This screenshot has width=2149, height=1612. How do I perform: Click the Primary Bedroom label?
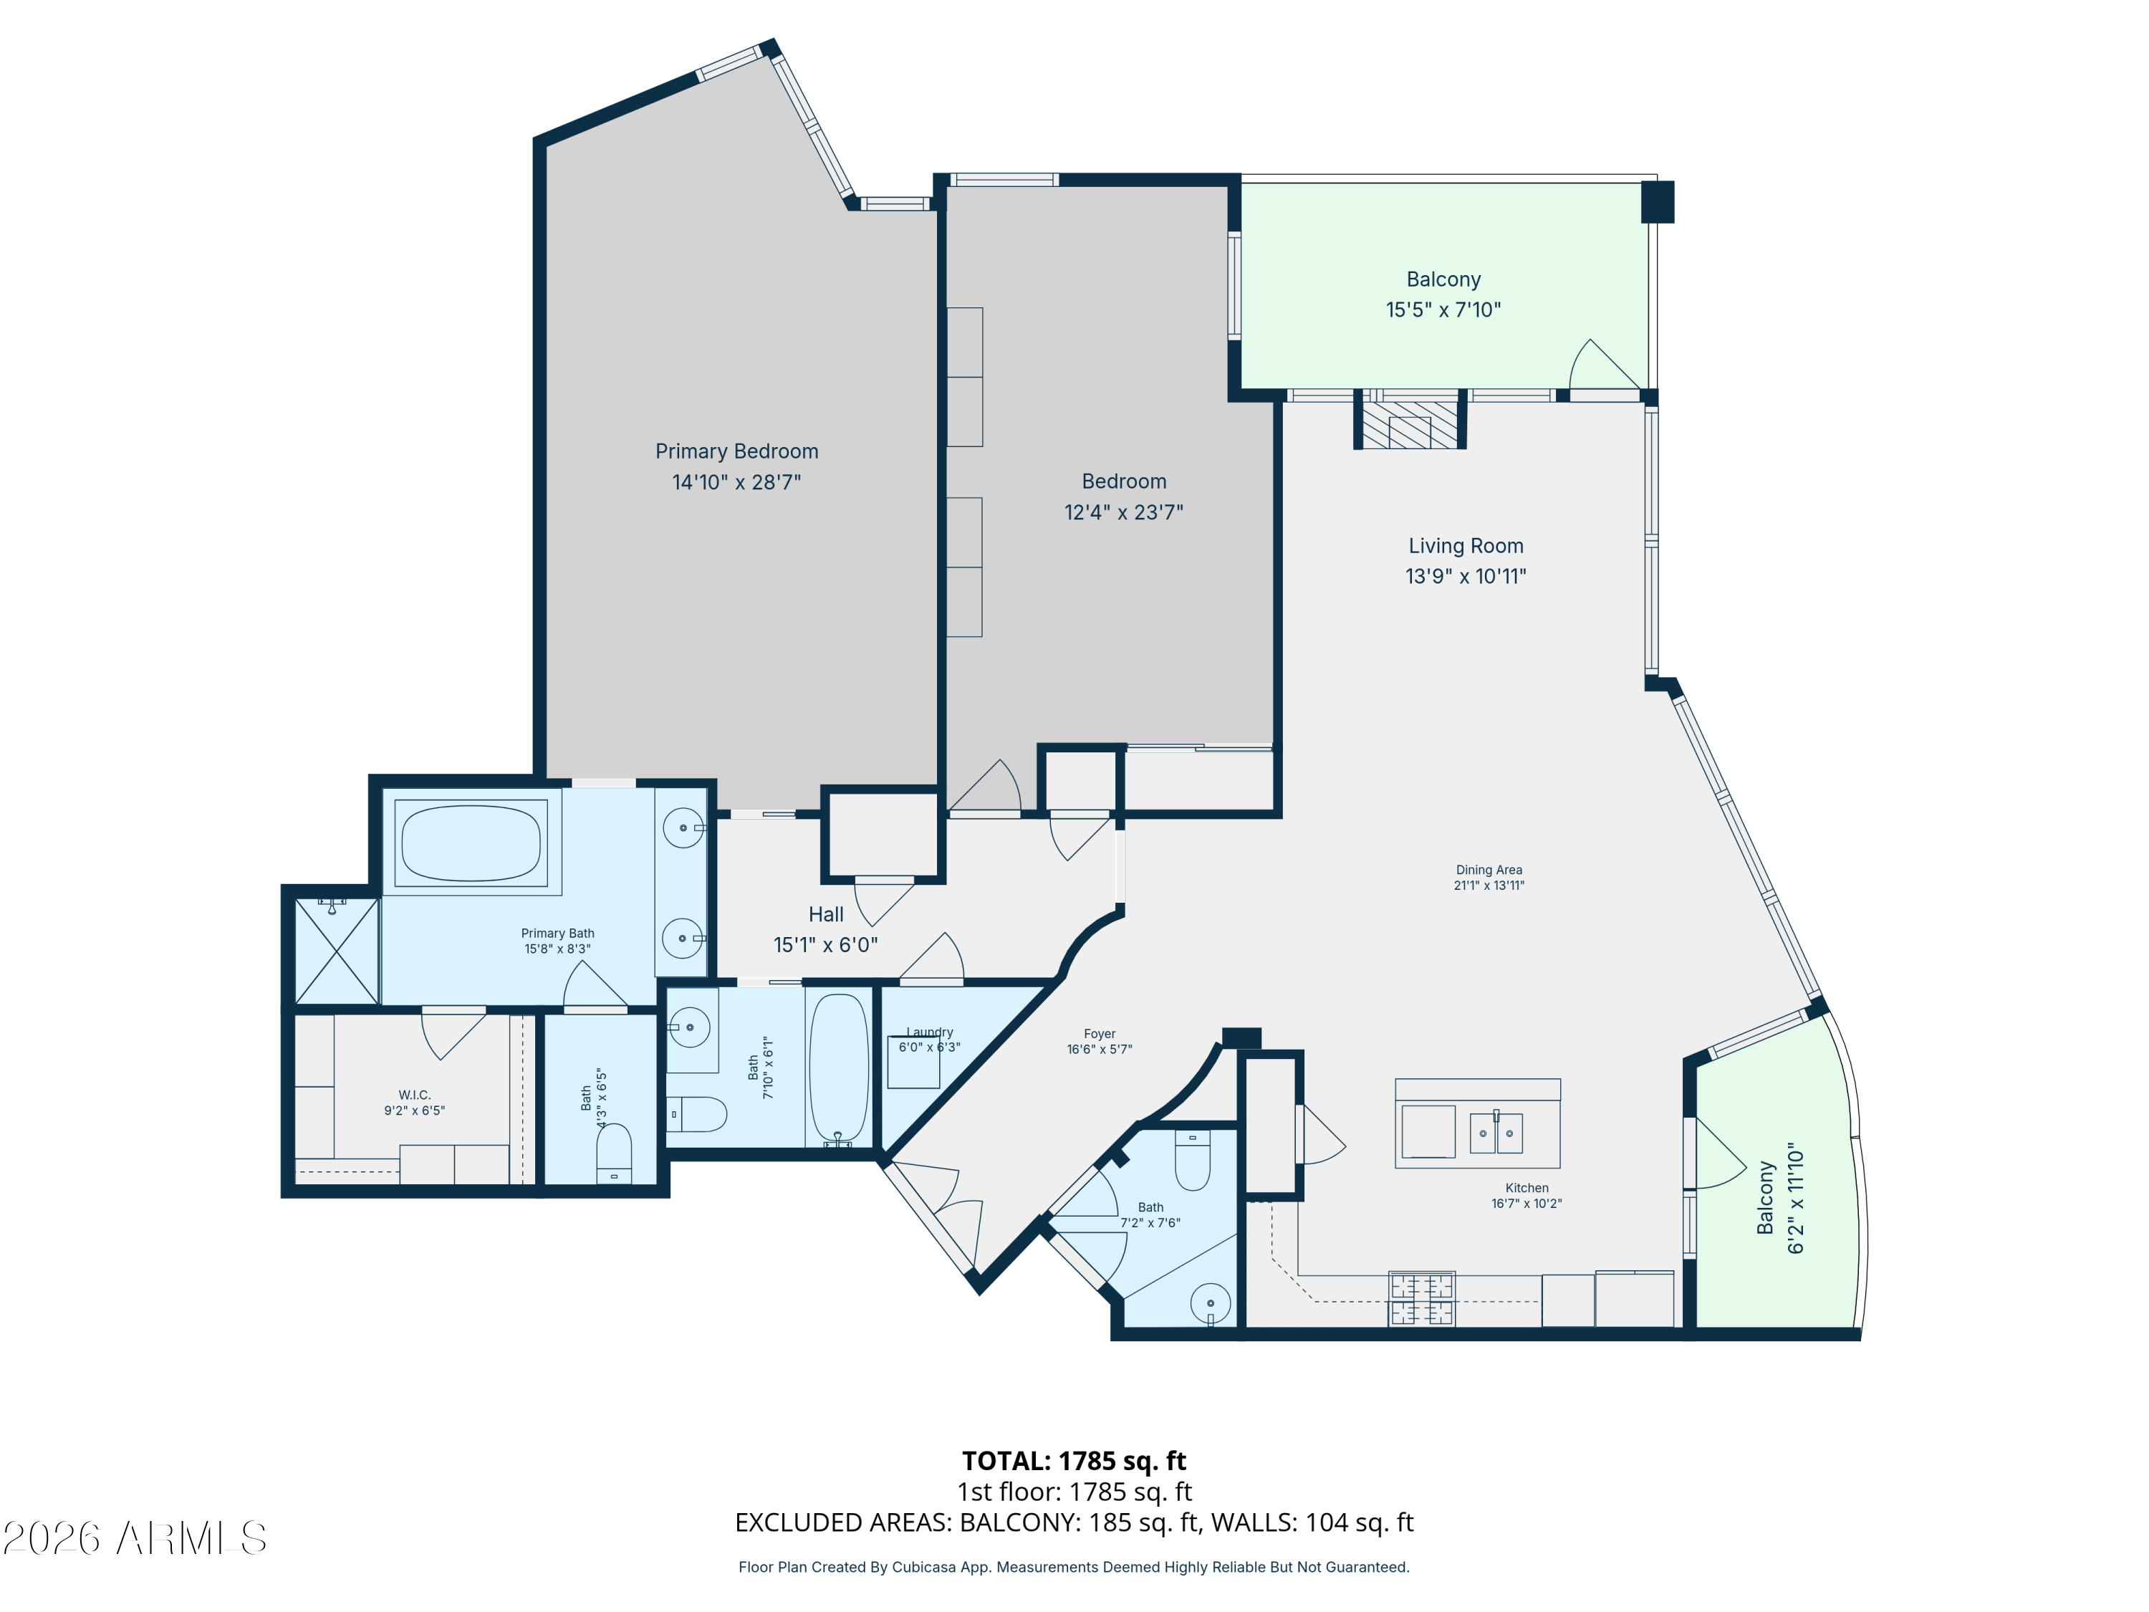click(x=736, y=451)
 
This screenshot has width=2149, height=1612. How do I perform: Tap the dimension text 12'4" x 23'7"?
click(x=1123, y=512)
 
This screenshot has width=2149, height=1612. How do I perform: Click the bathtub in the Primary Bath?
click(x=471, y=843)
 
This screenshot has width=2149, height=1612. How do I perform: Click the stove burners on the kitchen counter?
click(x=1421, y=1299)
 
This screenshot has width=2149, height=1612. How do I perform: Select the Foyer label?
click(x=1100, y=1034)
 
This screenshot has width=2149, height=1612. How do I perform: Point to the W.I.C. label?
click(x=414, y=1095)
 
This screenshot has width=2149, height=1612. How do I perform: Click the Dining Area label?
click(x=1489, y=870)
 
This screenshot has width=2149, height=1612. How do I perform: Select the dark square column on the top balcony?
click(x=1658, y=202)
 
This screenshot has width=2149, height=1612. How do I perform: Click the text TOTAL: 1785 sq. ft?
click(x=1074, y=1460)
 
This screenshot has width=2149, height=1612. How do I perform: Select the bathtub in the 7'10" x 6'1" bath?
click(x=838, y=1066)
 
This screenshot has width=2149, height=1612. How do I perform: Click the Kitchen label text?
click(x=1527, y=1187)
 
